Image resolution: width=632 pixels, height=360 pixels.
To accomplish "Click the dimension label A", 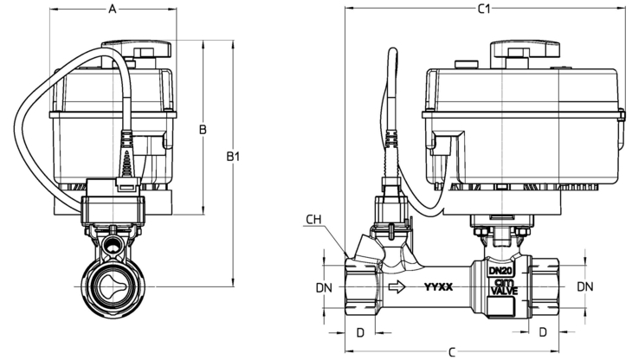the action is pos(113,9).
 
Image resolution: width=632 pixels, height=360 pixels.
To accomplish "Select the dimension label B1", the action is pos(233,157).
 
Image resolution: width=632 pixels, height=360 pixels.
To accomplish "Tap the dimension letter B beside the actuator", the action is pos(203,129).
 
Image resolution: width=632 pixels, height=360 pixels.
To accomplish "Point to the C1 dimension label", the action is pos(484,9).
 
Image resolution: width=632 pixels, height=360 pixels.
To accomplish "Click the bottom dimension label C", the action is pos(452,352).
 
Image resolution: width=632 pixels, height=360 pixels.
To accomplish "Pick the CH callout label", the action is pos(313,220).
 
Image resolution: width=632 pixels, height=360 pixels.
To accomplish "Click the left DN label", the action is pos(324,287).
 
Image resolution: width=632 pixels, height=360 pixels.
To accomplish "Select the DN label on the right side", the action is pos(585,286).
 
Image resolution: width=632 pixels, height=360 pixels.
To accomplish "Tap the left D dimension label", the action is pos(361,332).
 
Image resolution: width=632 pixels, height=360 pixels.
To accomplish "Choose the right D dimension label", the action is pos(543,332).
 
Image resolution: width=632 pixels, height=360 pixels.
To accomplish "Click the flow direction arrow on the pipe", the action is pos(397,286).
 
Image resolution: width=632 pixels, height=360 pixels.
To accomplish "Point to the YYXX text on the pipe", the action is pos(438,287).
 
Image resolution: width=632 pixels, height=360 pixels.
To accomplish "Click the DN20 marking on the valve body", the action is pos(500,271).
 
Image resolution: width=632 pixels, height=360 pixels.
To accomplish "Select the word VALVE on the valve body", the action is pos(504,290).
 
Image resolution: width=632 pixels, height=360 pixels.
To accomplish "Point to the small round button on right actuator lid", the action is pos(467,64).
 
